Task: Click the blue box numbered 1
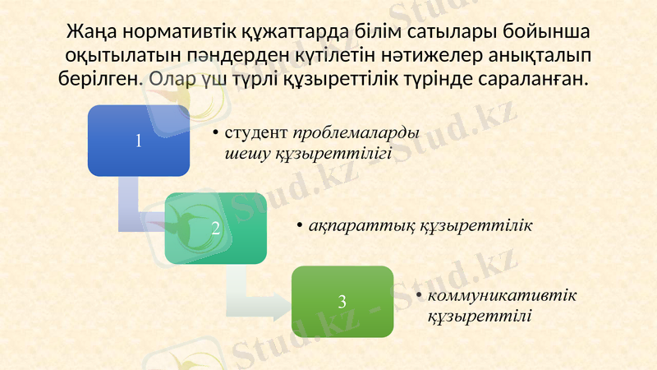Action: tap(138, 140)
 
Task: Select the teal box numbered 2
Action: tap(216, 228)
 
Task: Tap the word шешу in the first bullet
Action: tap(243, 153)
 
